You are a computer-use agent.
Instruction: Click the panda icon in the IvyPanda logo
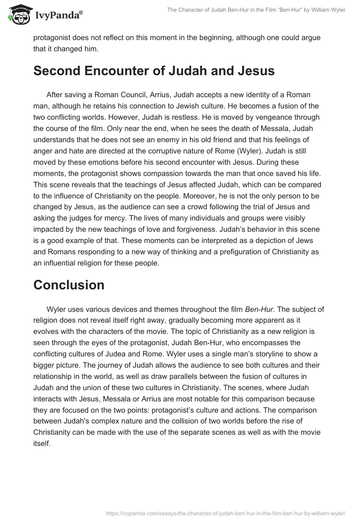tap(16, 14)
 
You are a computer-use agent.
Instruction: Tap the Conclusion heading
tap(69, 284)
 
